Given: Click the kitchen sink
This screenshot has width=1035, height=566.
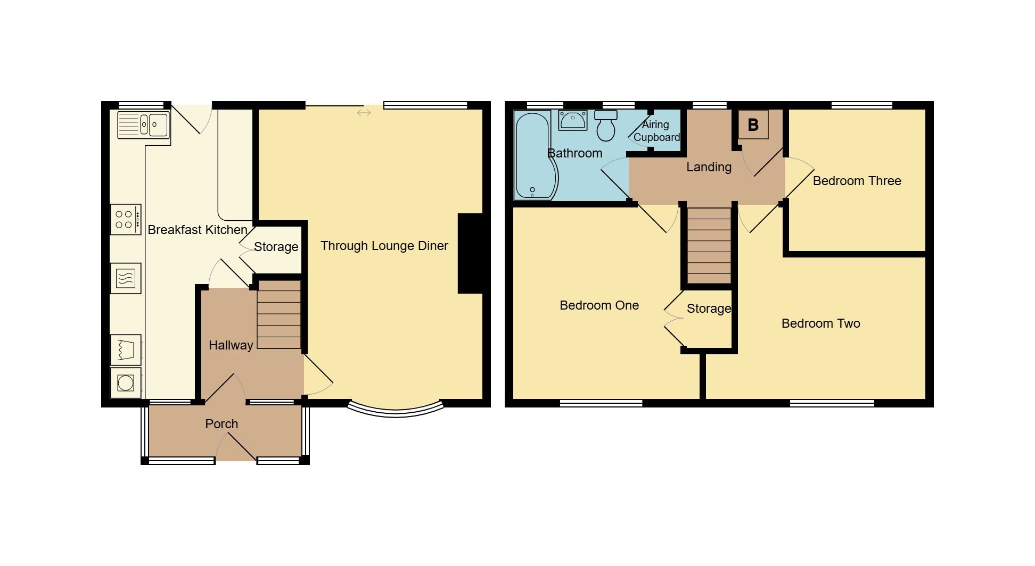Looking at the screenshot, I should (143, 125).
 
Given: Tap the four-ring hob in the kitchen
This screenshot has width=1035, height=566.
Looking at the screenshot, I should (126, 219).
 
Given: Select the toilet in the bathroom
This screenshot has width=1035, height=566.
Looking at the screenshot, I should (606, 126).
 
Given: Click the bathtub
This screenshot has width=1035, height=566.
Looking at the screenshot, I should (534, 155).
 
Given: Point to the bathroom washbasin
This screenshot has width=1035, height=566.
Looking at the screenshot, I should (572, 120).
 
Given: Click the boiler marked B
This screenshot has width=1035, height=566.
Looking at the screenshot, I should (753, 125).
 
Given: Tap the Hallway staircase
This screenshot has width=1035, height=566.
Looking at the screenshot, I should (279, 314).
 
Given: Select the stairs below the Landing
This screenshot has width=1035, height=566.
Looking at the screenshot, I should (709, 245).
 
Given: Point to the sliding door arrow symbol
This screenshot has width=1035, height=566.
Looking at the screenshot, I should (364, 113).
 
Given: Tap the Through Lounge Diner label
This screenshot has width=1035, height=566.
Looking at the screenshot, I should (384, 246).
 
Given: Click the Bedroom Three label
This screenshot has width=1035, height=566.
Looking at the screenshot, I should (857, 181).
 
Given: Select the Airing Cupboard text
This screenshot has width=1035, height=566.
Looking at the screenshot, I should (656, 131).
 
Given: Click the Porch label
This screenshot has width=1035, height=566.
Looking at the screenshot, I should (221, 424).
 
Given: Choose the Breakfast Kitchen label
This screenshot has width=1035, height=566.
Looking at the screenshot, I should (197, 230).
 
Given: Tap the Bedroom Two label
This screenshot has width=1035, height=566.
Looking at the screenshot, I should (820, 323).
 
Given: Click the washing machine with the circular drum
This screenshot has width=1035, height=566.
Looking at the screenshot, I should (126, 383).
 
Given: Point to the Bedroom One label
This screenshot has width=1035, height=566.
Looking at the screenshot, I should (599, 305).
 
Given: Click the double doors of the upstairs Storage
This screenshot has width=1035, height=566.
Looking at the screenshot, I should (672, 319).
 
